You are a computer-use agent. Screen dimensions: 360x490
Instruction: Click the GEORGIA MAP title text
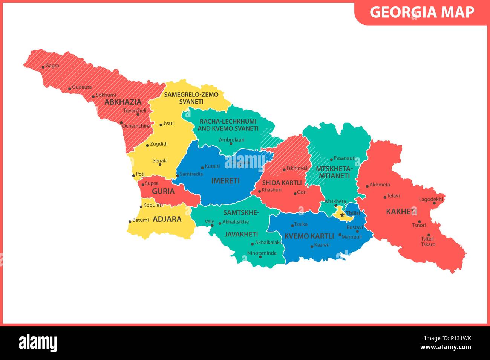pos(422,12)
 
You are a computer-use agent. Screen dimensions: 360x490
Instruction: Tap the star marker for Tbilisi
pos(342,215)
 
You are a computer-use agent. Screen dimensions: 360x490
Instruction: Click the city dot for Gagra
pos(43,67)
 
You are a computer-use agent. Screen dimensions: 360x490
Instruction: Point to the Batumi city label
pos(141,220)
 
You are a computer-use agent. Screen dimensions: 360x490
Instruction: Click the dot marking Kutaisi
pos(202,168)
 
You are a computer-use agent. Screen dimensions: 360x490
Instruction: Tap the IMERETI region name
pos(225,181)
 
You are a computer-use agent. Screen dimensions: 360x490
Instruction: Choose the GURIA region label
pos(163,191)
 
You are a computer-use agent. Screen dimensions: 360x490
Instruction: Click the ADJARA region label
pos(167,219)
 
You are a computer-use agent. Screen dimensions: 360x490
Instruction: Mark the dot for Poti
pos(133,175)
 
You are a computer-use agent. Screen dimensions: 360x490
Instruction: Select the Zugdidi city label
pos(159,144)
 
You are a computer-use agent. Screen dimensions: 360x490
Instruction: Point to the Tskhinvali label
pos(297,168)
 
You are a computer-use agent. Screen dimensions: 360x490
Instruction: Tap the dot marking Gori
pos(295,194)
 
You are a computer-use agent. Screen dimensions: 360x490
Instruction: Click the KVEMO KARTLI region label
pos(309,236)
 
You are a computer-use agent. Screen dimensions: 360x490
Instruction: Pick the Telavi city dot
pos(385,197)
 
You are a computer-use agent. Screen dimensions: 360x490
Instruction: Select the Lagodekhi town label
pos(431,200)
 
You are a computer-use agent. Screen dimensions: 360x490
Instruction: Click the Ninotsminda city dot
pos(260,257)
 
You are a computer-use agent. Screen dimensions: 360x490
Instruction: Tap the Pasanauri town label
pos(345,158)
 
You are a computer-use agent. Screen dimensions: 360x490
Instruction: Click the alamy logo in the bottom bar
pos(38,343)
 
